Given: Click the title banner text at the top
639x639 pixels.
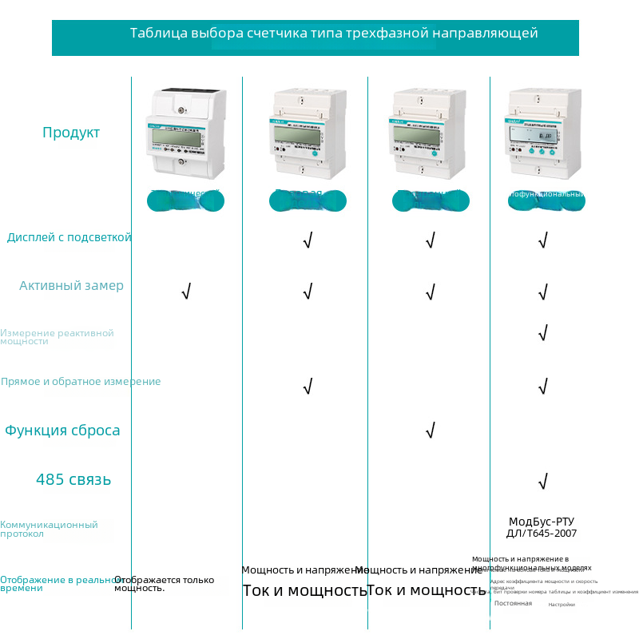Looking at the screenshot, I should [334, 34].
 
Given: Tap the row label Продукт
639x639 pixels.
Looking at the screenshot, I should [71, 133].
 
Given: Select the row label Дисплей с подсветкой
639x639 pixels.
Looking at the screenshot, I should [69, 237].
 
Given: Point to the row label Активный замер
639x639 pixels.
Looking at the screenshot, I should [72, 286].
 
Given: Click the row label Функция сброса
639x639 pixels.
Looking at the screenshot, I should [62, 431].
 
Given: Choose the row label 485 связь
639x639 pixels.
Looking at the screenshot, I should [73, 480].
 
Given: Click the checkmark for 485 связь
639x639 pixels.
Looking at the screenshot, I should [543, 481].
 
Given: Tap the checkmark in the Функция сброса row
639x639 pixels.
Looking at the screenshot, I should [430, 431].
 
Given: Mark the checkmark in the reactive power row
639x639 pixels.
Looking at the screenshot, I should [543, 332].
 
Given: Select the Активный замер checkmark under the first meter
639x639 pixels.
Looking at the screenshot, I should [186, 292].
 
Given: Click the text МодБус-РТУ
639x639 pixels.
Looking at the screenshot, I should [542, 522].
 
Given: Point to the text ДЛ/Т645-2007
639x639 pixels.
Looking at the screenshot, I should [542, 534].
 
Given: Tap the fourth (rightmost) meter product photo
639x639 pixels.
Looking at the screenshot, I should [543, 133].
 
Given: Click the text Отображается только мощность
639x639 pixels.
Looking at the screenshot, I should [164, 584].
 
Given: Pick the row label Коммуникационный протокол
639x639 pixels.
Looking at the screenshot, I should [49, 529].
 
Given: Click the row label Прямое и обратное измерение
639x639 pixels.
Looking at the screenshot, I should [81, 382].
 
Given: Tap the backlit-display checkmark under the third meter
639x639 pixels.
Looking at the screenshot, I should [430, 240].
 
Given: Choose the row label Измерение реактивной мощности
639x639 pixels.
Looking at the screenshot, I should [57, 337].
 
